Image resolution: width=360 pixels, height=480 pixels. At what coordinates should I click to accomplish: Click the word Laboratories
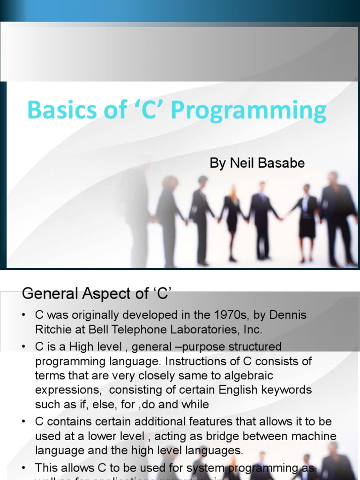pos(205,330)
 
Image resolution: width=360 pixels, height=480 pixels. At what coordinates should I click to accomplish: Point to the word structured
pos(252,347)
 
